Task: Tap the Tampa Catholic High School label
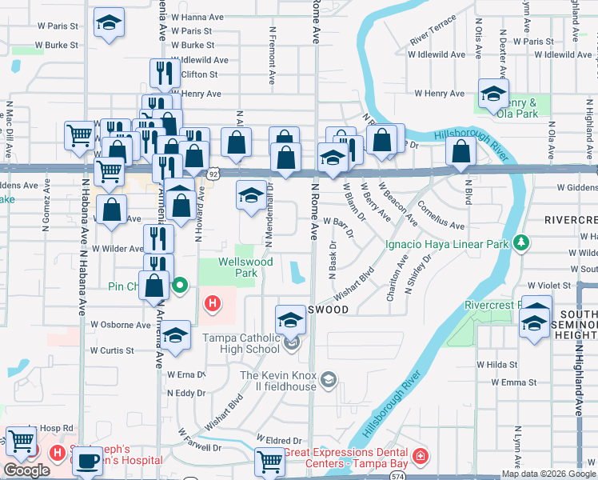[x=241, y=344]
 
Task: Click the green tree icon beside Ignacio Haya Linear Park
[x=520, y=242]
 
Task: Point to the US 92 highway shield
[x=213, y=173]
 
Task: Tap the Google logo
[x=26, y=470]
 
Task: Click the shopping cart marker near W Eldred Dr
[x=269, y=461]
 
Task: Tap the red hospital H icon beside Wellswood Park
[x=213, y=303]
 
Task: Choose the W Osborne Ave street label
[x=121, y=325]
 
